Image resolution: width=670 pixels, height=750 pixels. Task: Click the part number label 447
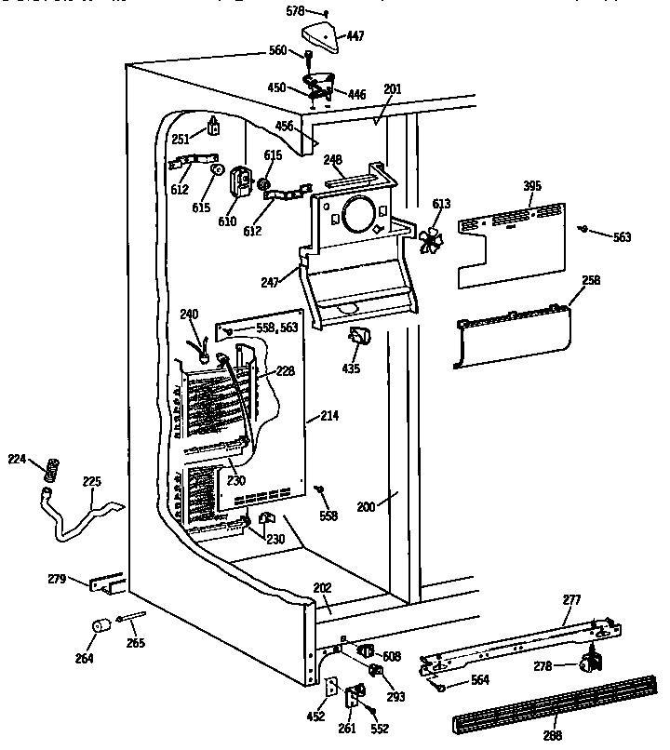tap(355, 36)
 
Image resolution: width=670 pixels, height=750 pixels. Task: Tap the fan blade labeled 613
tap(431, 239)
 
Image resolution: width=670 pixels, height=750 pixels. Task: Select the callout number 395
tap(532, 186)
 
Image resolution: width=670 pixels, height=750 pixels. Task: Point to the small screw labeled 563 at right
tap(583, 228)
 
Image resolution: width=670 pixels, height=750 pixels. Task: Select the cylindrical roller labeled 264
tap(97, 626)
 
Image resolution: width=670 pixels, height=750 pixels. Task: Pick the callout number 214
tap(328, 415)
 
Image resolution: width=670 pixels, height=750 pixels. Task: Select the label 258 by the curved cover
tap(590, 279)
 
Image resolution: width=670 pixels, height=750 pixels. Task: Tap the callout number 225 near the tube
tap(92, 482)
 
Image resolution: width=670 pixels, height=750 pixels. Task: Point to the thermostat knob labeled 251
tap(215, 124)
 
